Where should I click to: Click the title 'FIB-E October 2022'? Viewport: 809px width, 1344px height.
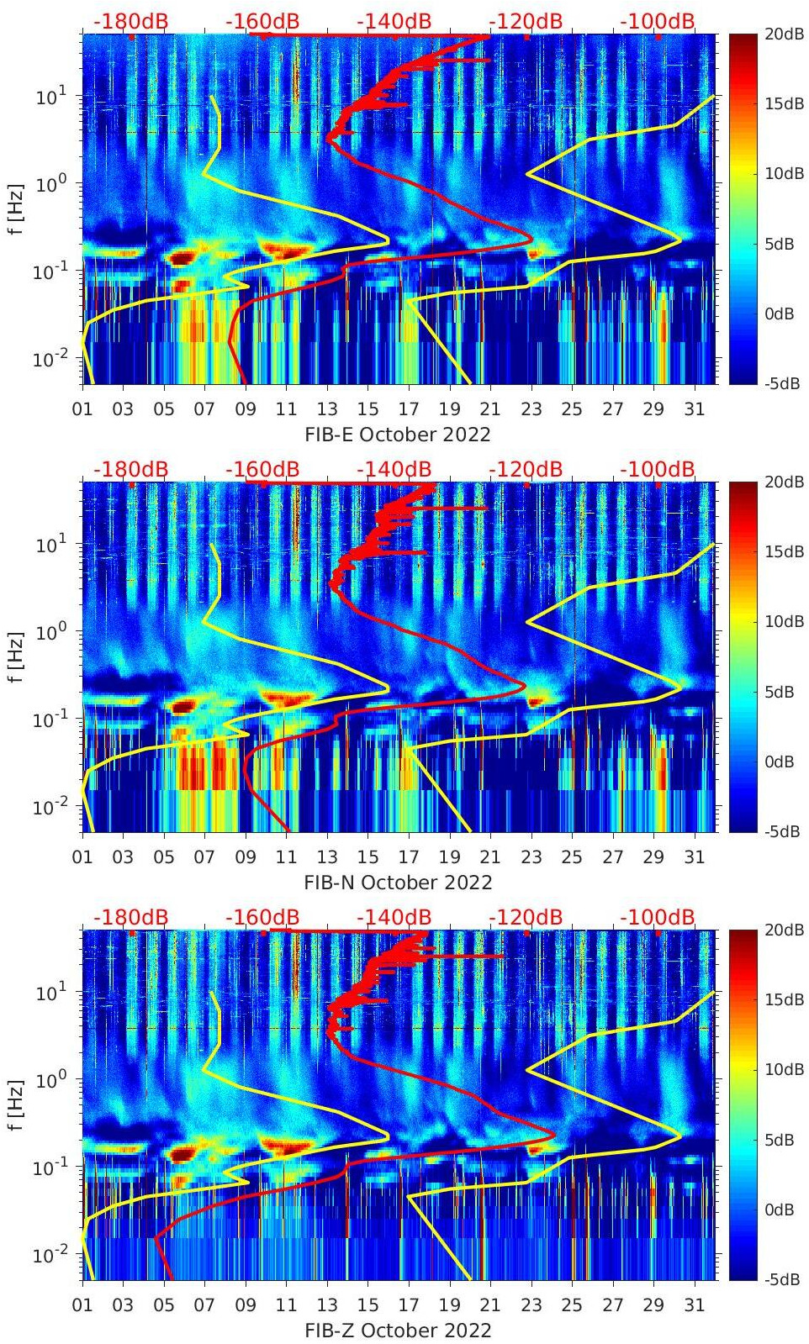pyautogui.click(x=398, y=435)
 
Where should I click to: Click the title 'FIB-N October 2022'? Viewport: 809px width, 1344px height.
pyautogui.click(x=398, y=883)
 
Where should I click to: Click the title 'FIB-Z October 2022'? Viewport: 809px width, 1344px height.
pyautogui.click(x=398, y=1331)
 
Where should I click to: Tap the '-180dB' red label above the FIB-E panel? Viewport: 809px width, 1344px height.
pyautogui.click(x=130, y=21)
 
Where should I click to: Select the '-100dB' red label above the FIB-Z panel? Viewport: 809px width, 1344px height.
pyautogui.click(x=658, y=917)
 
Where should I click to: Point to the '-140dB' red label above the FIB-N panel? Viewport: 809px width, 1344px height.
pyautogui.click(x=394, y=469)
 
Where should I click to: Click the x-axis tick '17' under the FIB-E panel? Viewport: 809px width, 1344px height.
pyautogui.click(x=409, y=409)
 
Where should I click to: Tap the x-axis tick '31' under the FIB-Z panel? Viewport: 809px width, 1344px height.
pyautogui.click(x=694, y=1305)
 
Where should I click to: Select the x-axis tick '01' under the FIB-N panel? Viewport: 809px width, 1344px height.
pyautogui.click(x=82, y=857)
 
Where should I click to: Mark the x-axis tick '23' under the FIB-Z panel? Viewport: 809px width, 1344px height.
pyautogui.click(x=531, y=1305)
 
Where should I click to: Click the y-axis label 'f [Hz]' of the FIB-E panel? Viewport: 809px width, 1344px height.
pyautogui.click(x=16, y=208)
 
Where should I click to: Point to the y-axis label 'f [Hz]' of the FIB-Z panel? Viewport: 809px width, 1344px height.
pyautogui.click(x=16, y=1104)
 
